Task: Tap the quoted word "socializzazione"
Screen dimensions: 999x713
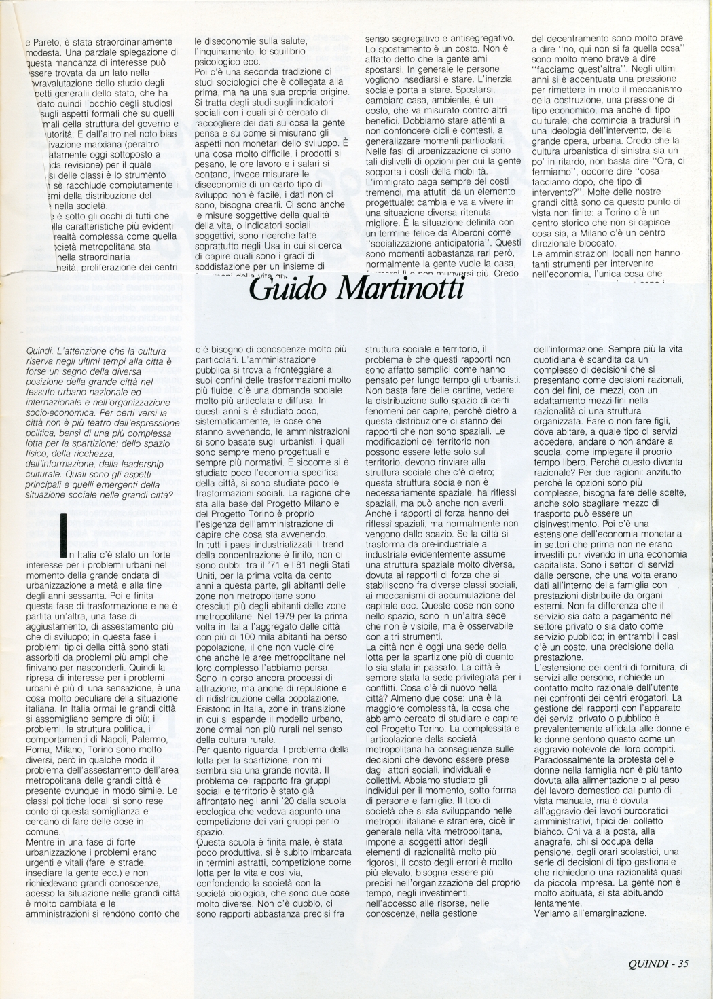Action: pos(402,242)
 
